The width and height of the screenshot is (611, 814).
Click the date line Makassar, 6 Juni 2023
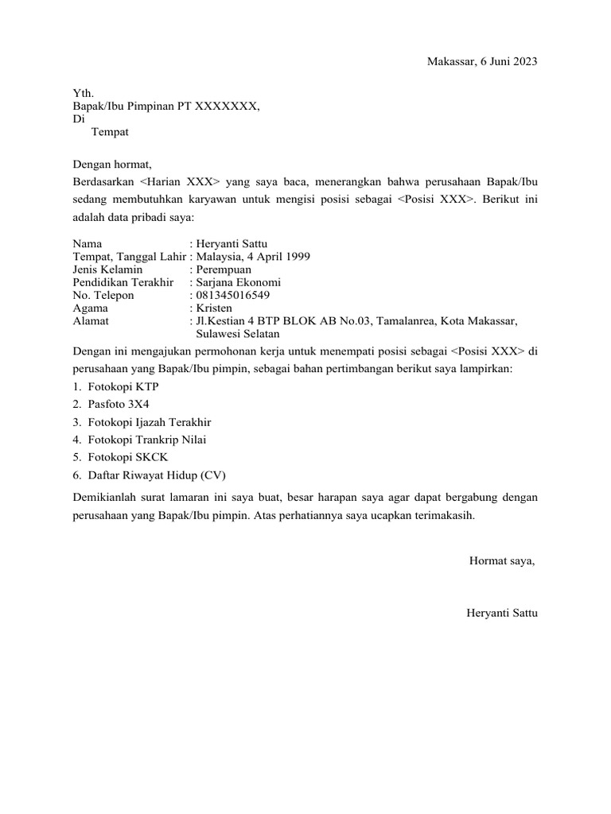tap(483, 62)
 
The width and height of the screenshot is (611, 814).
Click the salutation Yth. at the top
tap(83, 94)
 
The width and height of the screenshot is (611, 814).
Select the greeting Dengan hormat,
tap(111, 165)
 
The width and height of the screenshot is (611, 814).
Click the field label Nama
tap(87, 244)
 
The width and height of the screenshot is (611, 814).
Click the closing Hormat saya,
tap(502, 561)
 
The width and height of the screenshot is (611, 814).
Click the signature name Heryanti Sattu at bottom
tap(503, 613)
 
